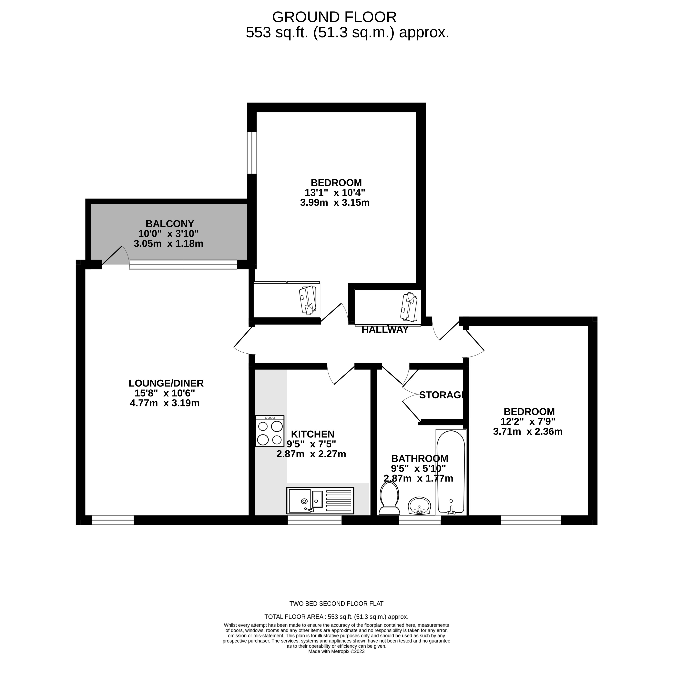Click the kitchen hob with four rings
[270, 431]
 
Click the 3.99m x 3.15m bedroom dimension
[335, 203]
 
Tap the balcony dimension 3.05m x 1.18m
[169, 243]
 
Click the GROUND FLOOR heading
[334, 17]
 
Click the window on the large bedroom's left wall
[252, 153]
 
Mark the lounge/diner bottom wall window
[113, 520]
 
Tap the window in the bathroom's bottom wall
[420, 520]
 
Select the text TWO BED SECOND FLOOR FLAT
[336, 604]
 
